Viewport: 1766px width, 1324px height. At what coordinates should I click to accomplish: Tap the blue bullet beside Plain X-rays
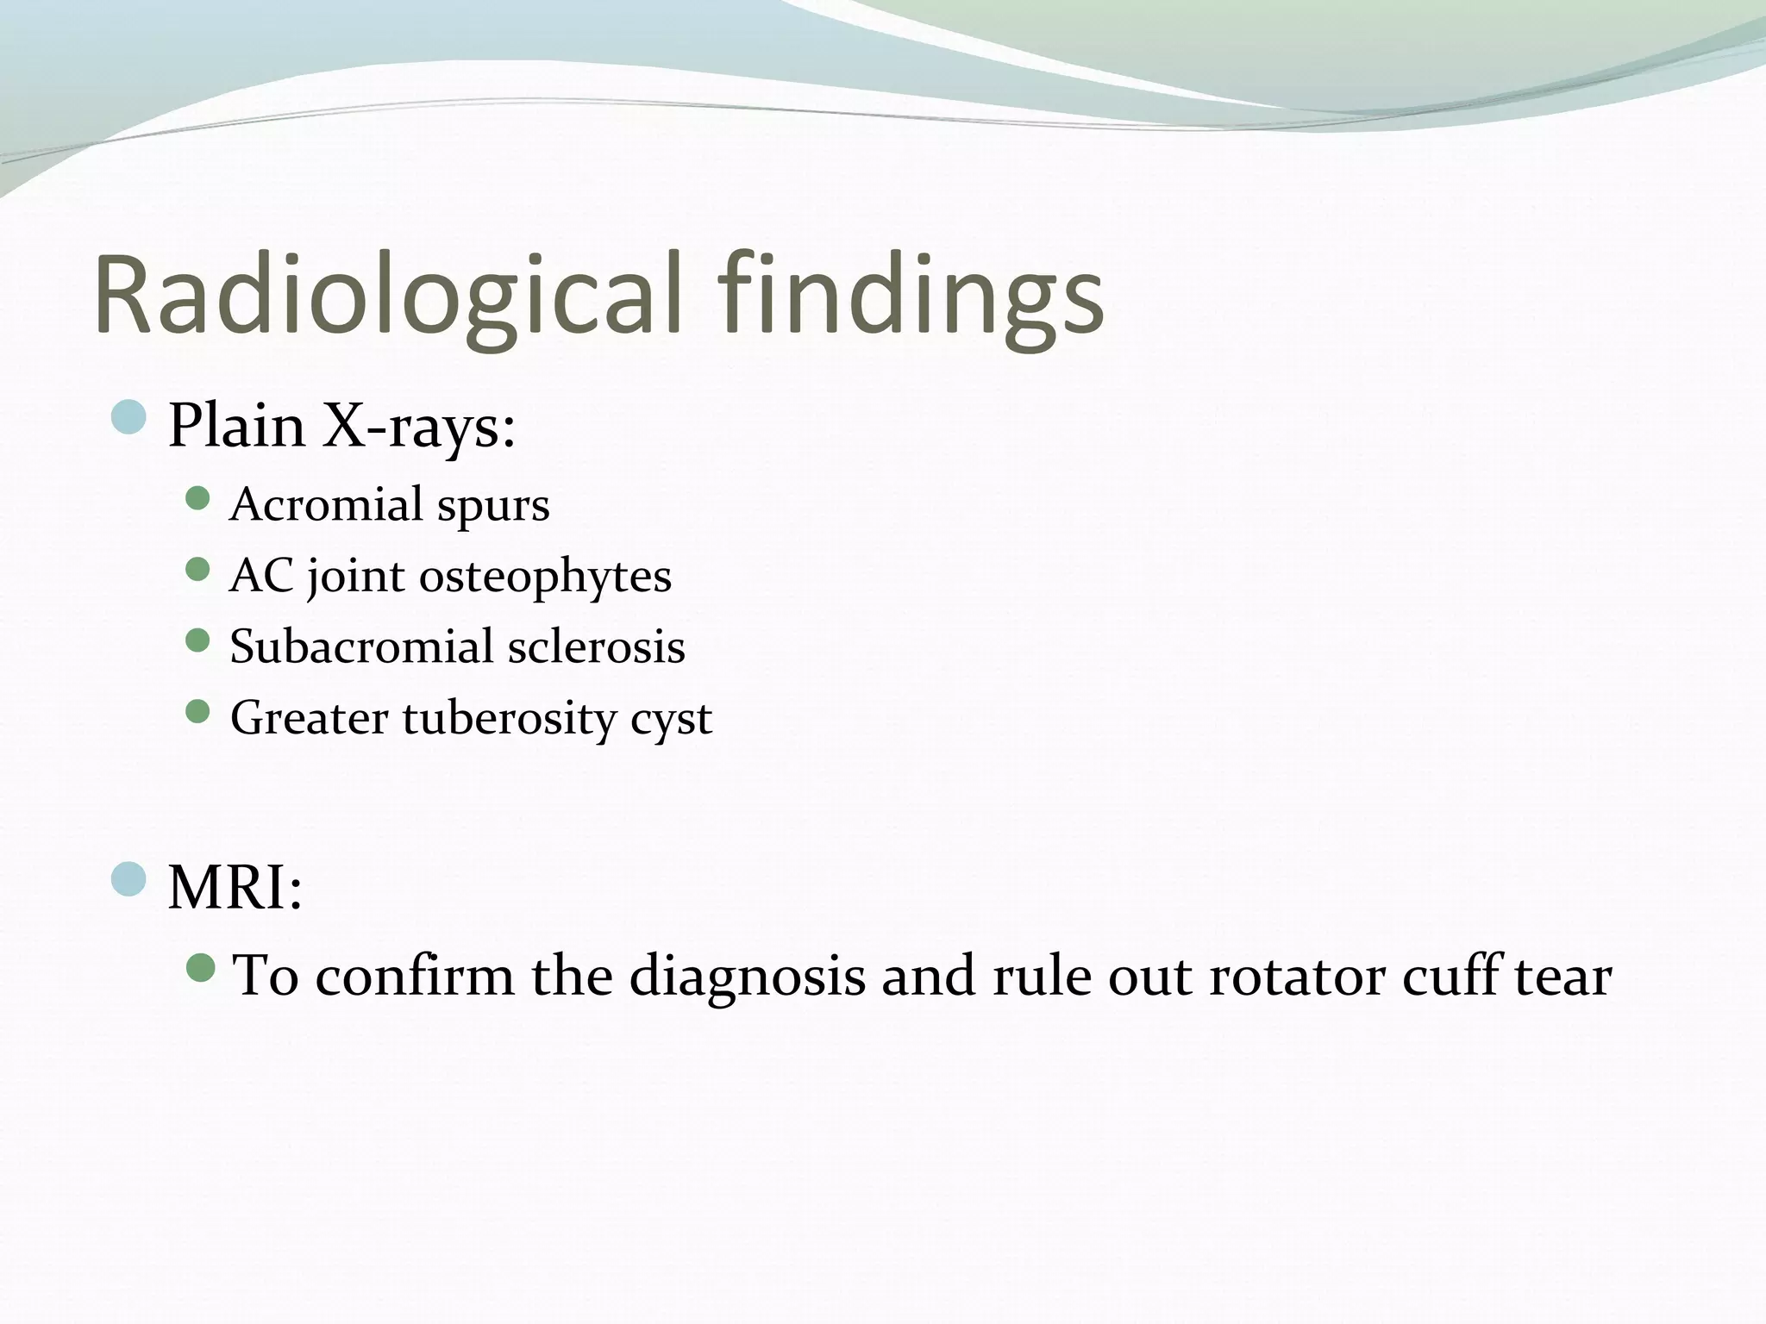click(129, 417)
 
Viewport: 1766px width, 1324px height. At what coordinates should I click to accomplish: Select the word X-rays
click(419, 426)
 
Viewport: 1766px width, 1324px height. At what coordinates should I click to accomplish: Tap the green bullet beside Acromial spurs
click(198, 498)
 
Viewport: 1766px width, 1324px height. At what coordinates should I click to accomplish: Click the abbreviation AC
click(261, 576)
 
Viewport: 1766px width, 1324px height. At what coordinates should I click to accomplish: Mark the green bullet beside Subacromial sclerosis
click(198, 640)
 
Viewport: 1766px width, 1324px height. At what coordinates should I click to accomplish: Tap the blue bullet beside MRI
click(129, 878)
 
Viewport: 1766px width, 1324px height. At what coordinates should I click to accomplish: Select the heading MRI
click(235, 887)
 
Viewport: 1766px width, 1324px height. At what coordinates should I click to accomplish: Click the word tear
click(1562, 977)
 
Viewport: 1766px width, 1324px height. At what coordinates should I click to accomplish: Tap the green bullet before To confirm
click(200, 967)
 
